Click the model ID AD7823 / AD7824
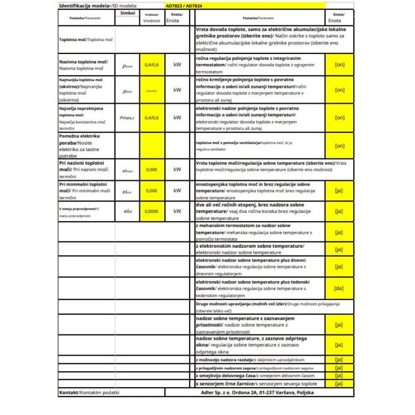[186, 6]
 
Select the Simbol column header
[127, 12]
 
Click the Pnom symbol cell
[127, 65]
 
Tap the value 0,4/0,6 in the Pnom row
[152, 65]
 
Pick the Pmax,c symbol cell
[127, 117]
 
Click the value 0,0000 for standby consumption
[152, 211]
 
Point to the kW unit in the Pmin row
[177, 91]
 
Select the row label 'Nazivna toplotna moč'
[84, 62]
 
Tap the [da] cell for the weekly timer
[339, 289]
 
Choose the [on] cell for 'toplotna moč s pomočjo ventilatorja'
[339, 145]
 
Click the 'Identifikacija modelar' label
[88, 6]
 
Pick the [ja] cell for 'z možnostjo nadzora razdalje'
[339, 359]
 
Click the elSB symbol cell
[127, 211]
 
